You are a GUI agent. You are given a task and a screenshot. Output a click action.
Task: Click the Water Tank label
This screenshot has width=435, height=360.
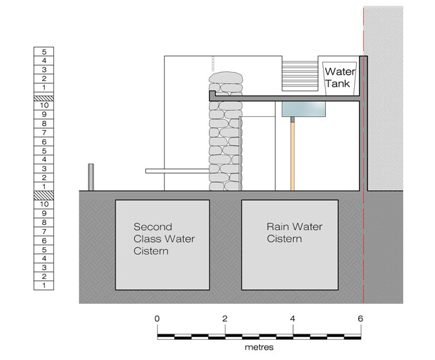[x=340, y=78]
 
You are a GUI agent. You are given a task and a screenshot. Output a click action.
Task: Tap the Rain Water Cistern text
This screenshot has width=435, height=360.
[x=295, y=233]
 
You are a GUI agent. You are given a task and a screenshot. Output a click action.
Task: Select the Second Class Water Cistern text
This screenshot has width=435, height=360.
[x=164, y=239]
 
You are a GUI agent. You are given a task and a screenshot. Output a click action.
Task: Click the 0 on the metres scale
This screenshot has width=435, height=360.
[x=157, y=318]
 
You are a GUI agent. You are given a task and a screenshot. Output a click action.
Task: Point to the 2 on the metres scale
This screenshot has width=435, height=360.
[x=225, y=318]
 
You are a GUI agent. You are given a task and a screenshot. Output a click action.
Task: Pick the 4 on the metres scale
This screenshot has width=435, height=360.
[x=293, y=318]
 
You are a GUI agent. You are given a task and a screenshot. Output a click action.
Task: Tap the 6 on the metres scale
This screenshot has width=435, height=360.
[x=360, y=318]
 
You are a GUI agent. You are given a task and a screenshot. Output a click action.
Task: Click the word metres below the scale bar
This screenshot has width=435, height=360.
[x=259, y=348]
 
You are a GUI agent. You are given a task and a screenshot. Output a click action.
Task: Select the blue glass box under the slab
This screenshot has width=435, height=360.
[x=304, y=109]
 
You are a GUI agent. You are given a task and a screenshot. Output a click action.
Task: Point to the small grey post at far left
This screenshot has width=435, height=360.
[x=91, y=177]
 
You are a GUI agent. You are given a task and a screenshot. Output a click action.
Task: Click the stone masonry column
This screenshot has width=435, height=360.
[x=225, y=131]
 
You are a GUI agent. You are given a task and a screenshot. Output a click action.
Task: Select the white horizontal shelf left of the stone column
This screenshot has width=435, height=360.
[x=177, y=171]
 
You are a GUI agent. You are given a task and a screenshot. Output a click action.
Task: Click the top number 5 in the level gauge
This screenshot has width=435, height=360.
[x=44, y=52]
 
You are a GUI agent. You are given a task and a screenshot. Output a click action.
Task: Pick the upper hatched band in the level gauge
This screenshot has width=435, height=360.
[x=44, y=98]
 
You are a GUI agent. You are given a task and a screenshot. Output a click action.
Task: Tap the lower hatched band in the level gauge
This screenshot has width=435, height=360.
[x=44, y=195]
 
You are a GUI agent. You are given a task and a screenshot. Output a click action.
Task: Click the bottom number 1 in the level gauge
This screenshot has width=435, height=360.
[x=44, y=285]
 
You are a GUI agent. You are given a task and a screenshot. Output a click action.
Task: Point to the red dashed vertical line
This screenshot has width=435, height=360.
[x=364, y=156]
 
